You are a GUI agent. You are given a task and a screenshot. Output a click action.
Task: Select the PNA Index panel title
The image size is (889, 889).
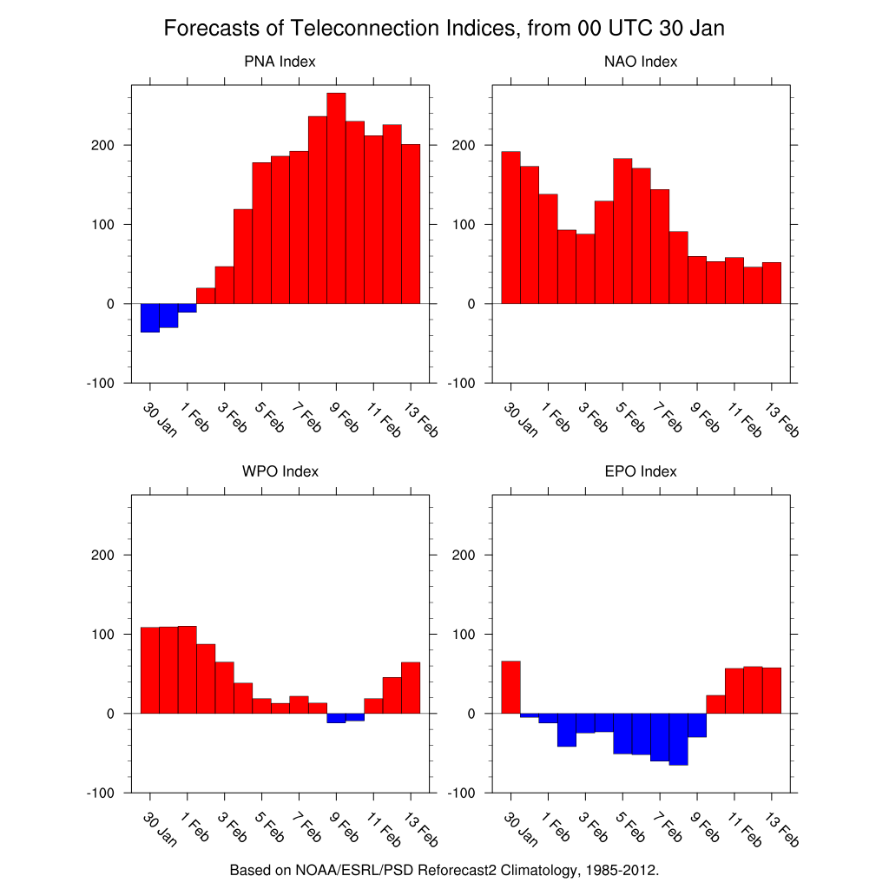280,62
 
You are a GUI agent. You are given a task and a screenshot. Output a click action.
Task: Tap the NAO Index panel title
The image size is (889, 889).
641,62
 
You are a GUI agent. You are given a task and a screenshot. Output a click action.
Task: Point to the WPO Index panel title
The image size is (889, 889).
280,471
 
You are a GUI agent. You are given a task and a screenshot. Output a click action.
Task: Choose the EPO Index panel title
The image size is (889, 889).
641,471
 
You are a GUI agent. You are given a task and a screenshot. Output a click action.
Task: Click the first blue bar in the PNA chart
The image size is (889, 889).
149,318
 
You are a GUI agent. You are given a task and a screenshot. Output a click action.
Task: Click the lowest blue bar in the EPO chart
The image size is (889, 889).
678,739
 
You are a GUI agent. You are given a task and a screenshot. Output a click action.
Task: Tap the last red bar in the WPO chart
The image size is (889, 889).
411,688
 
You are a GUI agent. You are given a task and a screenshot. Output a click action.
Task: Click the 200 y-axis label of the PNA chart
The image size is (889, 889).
102,145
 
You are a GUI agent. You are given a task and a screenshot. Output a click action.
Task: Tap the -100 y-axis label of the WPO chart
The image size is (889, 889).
101,793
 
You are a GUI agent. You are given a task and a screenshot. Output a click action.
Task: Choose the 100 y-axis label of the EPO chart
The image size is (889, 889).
464,634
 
